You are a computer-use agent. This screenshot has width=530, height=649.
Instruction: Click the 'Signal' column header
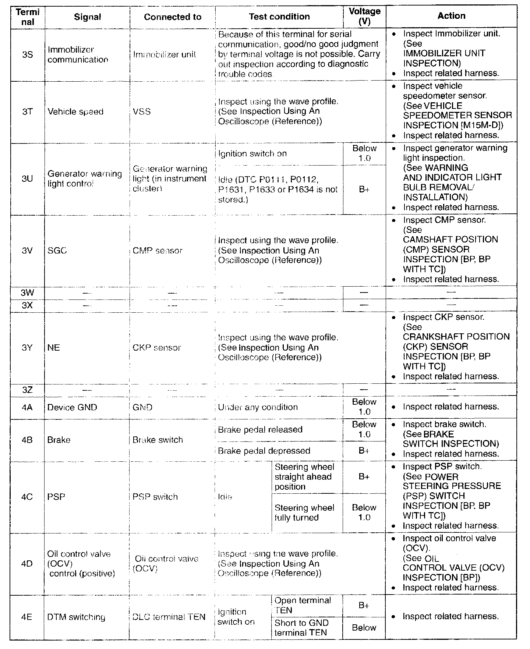tap(87, 17)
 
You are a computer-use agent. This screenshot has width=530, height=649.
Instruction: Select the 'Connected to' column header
tap(172, 17)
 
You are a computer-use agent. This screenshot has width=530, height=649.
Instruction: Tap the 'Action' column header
tap(451, 16)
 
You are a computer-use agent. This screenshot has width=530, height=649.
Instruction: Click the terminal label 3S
tap(27, 54)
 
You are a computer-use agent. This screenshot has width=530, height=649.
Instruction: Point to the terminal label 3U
tap(27, 179)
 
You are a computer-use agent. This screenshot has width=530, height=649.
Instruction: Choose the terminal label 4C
tap(27, 497)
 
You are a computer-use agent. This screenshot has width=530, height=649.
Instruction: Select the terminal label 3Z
tap(27, 390)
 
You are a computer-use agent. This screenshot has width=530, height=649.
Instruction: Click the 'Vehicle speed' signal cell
tap(75, 111)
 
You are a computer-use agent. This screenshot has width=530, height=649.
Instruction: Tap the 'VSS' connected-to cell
tap(142, 111)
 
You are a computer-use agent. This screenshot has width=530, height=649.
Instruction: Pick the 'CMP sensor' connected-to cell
tap(158, 251)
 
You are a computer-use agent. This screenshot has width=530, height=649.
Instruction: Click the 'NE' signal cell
tap(54, 348)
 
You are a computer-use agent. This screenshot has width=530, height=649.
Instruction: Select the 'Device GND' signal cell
tap(72, 407)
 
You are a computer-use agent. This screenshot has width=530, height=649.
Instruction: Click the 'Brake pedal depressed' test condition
tap(264, 451)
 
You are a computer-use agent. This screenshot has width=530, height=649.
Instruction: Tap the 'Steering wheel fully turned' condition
tap(304, 513)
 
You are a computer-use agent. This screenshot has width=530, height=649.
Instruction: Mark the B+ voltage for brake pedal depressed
tap(364, 451)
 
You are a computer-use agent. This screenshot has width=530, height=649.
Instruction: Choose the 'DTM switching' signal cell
tap(76, 617)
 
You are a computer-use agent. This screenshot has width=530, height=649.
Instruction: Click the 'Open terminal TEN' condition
tap(303, 605)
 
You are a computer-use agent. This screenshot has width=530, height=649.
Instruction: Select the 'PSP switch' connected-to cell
tap(155, 497)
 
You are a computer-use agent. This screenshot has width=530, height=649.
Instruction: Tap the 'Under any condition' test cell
tap(258, 407)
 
